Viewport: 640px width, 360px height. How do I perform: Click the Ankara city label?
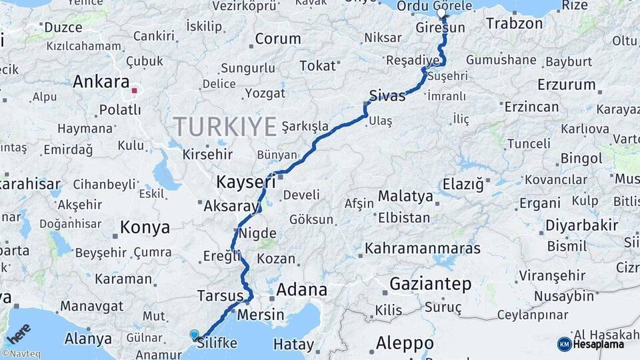point(101,82)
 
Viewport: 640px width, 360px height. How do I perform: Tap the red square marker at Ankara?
point(135,90)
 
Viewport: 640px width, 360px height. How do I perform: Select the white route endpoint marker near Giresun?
point(441,13)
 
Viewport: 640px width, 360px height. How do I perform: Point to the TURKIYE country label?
point(225,127)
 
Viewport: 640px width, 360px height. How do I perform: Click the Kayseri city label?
point(245,182)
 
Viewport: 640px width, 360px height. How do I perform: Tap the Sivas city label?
point(387,95)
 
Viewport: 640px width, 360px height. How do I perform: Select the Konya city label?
point(145,228)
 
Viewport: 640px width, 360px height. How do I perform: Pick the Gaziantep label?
point(430,284)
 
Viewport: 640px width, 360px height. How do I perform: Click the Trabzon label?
point(514,24)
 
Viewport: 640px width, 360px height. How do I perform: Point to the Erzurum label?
point(566,85)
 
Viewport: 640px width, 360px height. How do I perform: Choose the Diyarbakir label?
point(582,225)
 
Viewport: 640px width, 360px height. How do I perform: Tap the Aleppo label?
point(405,343)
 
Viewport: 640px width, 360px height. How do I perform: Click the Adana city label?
point(301,290)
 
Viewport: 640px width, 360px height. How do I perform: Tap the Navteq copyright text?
point(21,354)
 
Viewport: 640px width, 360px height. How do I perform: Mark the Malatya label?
point(405,197)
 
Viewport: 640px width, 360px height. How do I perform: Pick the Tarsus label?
point(220,295)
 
